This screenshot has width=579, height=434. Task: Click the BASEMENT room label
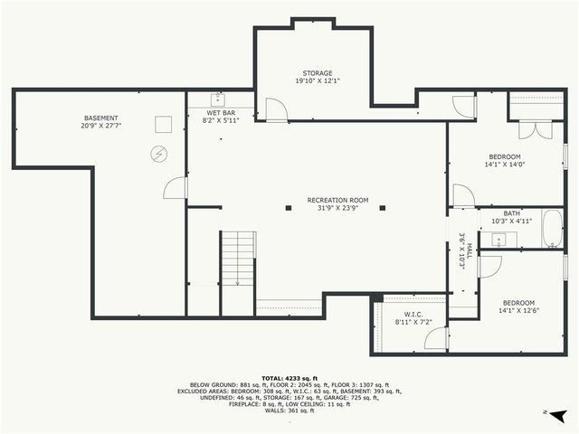(x=100, y=118)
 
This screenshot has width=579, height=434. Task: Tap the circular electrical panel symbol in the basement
(x=158, y=155)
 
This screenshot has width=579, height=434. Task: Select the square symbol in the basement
(x=163, y=124)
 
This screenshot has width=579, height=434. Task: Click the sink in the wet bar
(x=218, y=99)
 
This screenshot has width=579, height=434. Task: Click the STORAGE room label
(x=317, y=73)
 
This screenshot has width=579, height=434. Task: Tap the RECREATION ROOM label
(x=337, y=200)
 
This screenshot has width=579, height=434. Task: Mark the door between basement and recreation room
(x=176, y=188)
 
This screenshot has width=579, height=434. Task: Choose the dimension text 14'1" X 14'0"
(x=505, y=165)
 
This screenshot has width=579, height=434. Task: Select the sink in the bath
(x=498, y=240)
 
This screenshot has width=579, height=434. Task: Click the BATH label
(x=512, y=213)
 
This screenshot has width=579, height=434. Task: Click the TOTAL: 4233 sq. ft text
(x=289, y=378)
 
